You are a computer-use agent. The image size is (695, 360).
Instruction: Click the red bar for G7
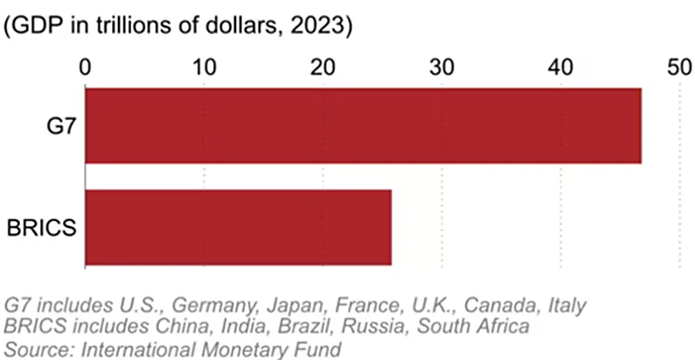coord(363,125)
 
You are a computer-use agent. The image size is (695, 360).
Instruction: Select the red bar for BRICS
coord(238,227)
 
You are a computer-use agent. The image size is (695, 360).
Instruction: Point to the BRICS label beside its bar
coord(40,228)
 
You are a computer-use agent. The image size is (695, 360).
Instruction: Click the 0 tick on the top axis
coord(85,66)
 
